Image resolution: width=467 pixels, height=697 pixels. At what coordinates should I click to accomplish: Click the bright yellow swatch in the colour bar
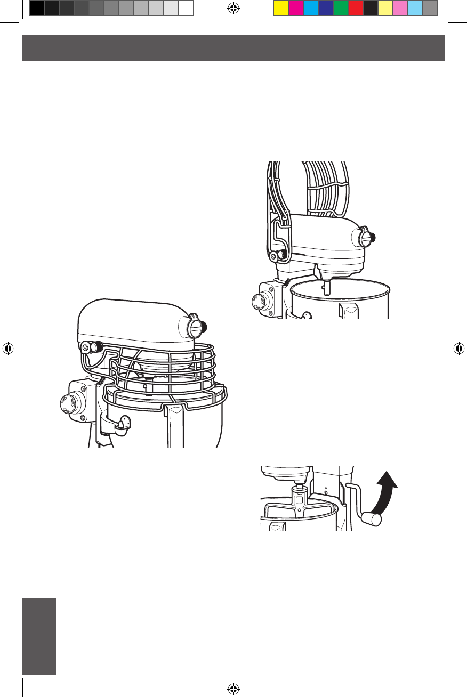pyautogui.click(x=280, y=8)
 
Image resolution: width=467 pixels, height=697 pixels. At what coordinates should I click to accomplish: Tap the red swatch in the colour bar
pyautogui.click(x=356, y=8)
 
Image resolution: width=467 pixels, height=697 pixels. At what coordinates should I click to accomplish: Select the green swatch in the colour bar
pyautogui.click(x=341, y=8)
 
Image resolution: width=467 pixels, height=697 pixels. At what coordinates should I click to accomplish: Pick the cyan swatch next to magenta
pyautogui.click(x=310, y=8)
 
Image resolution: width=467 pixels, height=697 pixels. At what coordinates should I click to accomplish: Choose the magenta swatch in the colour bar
pyautogui.click(x=295, y=8)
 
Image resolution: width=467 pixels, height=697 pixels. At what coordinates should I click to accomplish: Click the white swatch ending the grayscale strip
pyautogui.click(x=186, y=8)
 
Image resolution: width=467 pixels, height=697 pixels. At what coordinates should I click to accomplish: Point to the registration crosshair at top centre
pyautogui.click(x=232, y=8)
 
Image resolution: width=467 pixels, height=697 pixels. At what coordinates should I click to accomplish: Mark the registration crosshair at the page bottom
pyautogui.click(x=232, y=688)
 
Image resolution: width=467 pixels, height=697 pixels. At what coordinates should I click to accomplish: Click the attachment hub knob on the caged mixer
pyautogui.click(x=198, y=327)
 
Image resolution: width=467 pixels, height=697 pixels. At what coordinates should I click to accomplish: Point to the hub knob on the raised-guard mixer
pyautogui.click(x=367, y=236)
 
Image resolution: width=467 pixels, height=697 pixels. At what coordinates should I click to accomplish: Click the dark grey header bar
pyautogui.click(x=233, y=48)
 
